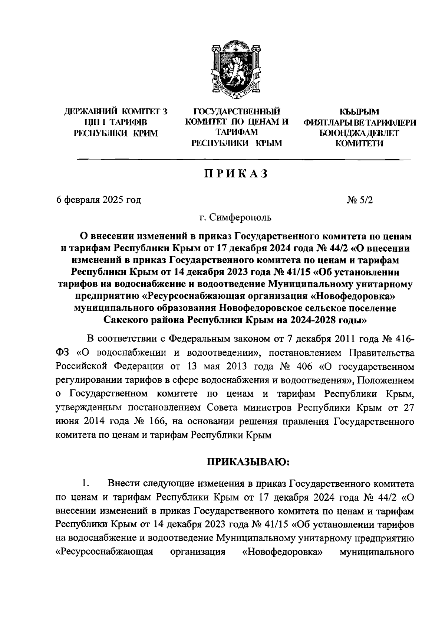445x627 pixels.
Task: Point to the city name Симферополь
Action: coord(240,218)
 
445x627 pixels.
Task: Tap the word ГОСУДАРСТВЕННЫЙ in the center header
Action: coord(237,111)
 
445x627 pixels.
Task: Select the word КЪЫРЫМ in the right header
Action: coord(359,111)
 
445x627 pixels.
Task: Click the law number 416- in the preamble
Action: coord(399,339)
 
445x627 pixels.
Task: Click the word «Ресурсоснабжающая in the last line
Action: coord(104,552)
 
